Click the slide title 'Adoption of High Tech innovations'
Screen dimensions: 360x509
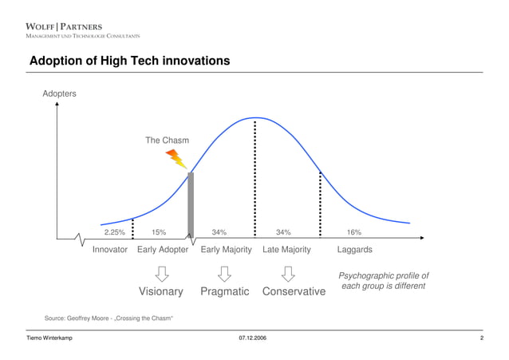coord(129,61)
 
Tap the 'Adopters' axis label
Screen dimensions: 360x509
coord(60,94)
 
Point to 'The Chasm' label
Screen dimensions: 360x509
coord(168,140)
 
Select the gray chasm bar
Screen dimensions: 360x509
coord(191,204)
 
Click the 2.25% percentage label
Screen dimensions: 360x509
coord(114,232)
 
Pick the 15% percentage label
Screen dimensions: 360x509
coord(159,232)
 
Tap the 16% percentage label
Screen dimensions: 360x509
coord(353,232)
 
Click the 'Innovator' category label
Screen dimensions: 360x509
coord(110,250)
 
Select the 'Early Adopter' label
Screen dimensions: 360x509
coord(163,250)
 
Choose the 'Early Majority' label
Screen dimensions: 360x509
coord(226,250)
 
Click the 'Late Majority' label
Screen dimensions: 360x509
coord(286,250)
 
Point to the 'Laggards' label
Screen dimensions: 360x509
coord(355,250)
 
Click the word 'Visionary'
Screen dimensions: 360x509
coord(161,292)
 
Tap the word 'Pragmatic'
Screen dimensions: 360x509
coord(225,292)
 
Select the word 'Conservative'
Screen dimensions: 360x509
coord(294,292)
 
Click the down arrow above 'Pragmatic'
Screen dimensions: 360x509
coord(225,272)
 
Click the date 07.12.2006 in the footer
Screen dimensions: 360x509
coord(253,340)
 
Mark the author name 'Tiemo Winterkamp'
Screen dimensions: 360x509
coord(50,340)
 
